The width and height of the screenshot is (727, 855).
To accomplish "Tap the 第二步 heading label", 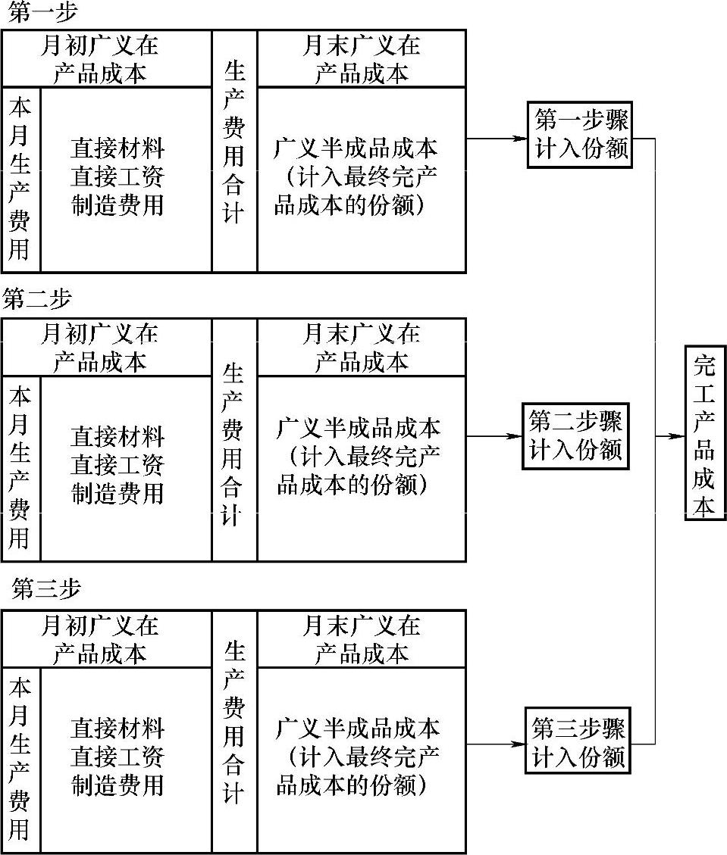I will click(37, 299).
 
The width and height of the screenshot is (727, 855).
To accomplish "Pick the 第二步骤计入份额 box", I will click(576, 436).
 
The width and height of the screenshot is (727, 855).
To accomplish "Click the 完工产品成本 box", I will click(705, 433).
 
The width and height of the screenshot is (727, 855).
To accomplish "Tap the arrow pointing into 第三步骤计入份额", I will click(516, 743).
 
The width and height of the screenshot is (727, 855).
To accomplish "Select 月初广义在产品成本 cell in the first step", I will click(99, 60).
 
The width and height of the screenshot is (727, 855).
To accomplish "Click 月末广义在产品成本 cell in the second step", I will click(362, 348).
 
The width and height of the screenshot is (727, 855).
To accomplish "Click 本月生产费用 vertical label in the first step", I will click(20, 179).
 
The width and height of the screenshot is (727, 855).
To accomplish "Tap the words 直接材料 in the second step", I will click(118, 437).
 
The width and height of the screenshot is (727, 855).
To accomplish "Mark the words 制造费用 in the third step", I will click(118, 785).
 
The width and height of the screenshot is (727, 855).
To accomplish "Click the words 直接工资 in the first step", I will click(118, 176).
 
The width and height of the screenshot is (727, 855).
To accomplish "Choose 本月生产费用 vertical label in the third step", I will click(20, 760).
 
